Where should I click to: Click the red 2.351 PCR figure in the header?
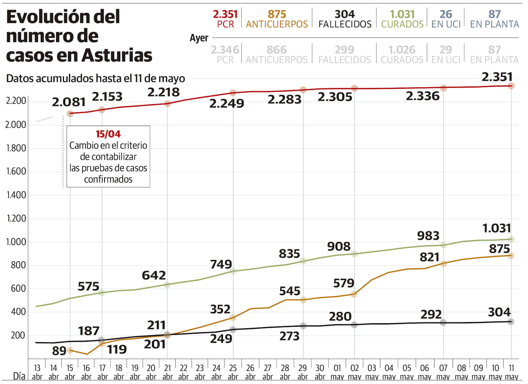pyautogui.click(x=225, y=14)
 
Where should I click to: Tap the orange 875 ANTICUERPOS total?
pyautogui.click(x=277, y=14)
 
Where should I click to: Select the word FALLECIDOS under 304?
pyautogui.click(x=345, y=24)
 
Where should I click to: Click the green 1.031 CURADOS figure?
pyautogui.click(x=402, y=14)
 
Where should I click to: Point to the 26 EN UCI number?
pyautogui.click(x=445, y=14)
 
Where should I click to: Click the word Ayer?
pyautogui.click(x=199, y=38)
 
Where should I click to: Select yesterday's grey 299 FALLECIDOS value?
pyautogui.click(x=344, y=50)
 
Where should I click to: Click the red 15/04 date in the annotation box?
pyautogui.click(x=108, y=134)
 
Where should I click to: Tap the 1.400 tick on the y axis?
pyautogui.click(x=16, y=195)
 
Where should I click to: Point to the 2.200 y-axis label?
pyautogui.click(x=16, y=101)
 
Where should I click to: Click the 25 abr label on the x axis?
pyautogui.click(x=233, y=372)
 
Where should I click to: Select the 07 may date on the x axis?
pyautogui.click(x=443, y=372)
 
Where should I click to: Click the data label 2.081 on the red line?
pyautogui.click(x=69, y=102)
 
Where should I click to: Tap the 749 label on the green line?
pyautogui.click(x=221, y=264)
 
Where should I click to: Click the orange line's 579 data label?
pyautogui.click(x=344, y=283)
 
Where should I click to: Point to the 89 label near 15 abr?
pyautogui.click(x=59, y=351)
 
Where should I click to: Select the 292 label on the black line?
pyautogui.click(x=431, y=314)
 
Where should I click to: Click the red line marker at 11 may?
pyautogui.click(x=511, y=86)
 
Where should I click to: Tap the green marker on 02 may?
pyautogui.click(x=354, y=254)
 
